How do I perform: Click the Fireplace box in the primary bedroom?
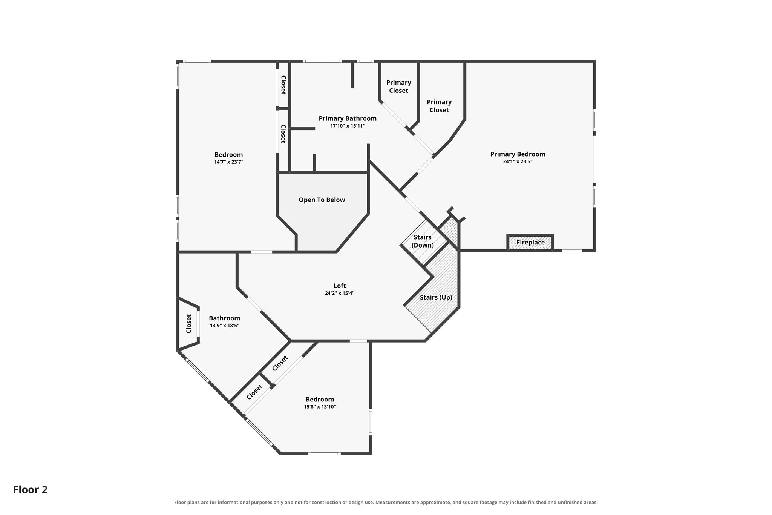530,242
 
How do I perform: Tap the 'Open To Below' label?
322,200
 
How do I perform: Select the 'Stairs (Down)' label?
423,241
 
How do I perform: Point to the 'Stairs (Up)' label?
436,297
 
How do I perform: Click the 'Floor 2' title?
31,490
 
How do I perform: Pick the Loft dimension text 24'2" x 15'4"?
340,293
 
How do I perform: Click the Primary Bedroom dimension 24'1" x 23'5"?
518,161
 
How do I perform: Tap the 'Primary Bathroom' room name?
348,118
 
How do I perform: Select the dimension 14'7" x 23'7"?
229,162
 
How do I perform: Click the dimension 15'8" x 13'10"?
320,407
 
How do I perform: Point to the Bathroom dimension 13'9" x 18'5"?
225,325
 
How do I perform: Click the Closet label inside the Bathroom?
189,324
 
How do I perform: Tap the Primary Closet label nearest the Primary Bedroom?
439,106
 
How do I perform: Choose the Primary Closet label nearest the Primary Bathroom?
398,86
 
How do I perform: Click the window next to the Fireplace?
572,251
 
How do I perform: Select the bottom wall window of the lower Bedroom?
324,454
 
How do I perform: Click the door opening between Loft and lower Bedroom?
358,341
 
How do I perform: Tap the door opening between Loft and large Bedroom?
261,252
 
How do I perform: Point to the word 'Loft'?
340,286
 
